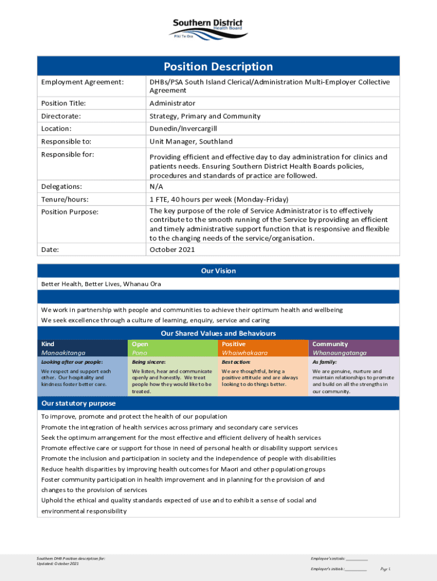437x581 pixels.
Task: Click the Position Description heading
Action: coord(218,66)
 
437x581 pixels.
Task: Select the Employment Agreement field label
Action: coord(82,82)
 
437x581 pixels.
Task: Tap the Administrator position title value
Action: coord(173,103)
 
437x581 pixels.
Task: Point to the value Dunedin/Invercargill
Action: coord(183,129)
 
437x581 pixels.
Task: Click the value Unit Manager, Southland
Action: coord(191,142)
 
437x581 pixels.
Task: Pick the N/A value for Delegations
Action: coord(157,186)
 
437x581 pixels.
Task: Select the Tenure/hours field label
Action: coord(65,199)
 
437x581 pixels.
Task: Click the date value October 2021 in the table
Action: coord(173,250)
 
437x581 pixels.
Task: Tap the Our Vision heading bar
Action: coord(218,271)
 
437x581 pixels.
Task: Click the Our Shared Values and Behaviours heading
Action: coord(218,334)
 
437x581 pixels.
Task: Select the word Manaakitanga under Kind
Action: coord(64,352)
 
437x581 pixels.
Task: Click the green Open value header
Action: coord(140,344)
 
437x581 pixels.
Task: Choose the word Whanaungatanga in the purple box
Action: coord(339,352)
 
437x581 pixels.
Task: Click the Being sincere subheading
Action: coord(149,362)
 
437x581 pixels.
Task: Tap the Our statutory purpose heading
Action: coord(78,403)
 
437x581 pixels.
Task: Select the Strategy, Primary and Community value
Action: coord(205,116)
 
